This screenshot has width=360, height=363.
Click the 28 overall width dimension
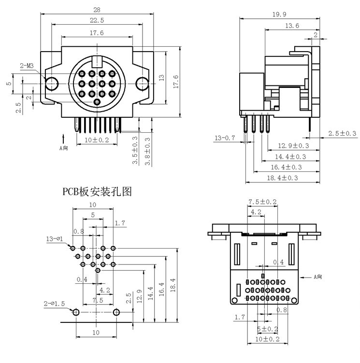tap(97, 10)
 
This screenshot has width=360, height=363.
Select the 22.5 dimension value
tap(97, 20)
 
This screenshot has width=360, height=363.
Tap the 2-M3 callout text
tap(27, 66)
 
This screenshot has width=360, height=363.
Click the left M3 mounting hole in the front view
tap(51, 84)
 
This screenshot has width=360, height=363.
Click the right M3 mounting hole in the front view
tap(142, 84)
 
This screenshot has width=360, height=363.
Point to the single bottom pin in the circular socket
tap(97, 102)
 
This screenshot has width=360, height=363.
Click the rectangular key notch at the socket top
tap(97, 61)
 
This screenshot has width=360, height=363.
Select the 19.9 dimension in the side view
tap(279, 14)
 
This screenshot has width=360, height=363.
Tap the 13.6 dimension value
tap(292, 26)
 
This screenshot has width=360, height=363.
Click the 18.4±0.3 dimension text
tap(282, 178)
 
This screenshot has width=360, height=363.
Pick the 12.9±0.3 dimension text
tap(293, 146)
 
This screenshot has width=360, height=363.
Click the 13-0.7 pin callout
tap(225, 138)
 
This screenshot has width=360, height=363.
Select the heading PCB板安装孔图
tap(97, 192)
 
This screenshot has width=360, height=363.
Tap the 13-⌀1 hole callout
tap(55, 238)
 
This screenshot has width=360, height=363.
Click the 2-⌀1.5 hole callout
tap(54, 304)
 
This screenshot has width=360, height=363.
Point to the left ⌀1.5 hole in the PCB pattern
tap(76, 312)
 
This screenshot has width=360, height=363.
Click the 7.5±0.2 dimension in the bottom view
tap(263, 202)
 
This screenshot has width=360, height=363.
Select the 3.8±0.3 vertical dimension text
tap(147, 152)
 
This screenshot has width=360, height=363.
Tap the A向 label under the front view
tap(63, 148)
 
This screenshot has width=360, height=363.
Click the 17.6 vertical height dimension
tap(176, 82)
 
